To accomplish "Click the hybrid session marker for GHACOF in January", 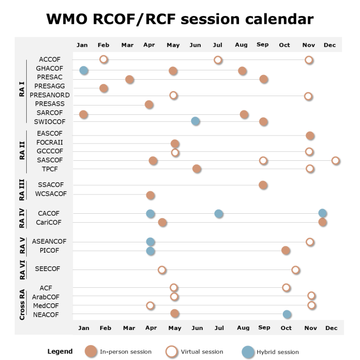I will pyautogui.click(x=84, y=70).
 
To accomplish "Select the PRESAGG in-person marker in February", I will pyautogui.click(x=104, y=88).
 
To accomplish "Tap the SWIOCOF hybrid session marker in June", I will pyautogui.click(x=195, y=121).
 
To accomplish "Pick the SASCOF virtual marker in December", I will pyautogui.click(x=336, y=160).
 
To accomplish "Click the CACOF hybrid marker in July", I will pyautogui.click(x=219, y=214).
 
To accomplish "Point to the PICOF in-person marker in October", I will pyautogui.click(x=286, y=250).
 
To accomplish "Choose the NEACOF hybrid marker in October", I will pyautogui.click(x=287, y=314).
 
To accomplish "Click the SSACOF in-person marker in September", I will pyautogui.click(x=263, y=185).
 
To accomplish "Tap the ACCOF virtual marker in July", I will pyautogui.click(x=218, y=60).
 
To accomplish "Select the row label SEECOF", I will pyautogui.click(x=47, y=269).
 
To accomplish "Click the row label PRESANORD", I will pyautogui.click(x=50, y=95).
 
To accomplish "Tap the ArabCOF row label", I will pyautogui.click(x=46, y=297).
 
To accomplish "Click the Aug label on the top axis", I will pyautogui.click(x=241, y=45).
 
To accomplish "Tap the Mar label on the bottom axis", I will pyautogui.click(x=129, y=328).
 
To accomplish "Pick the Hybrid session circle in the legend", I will pyautogui.click(x=248, y=352).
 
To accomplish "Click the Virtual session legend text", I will pyautogui.click(x=202, y=352).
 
